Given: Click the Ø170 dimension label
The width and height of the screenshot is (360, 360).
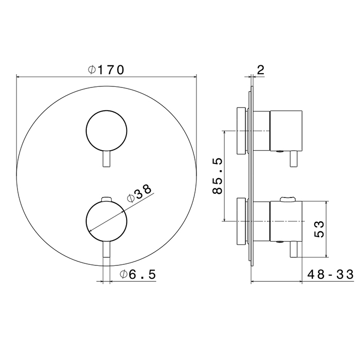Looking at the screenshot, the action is pos(106,70).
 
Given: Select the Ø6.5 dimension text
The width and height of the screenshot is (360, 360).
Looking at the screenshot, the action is pos(138,274).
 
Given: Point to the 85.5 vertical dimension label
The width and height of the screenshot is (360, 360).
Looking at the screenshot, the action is pos(218,176).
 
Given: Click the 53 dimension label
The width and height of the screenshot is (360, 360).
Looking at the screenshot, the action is pos(319,229).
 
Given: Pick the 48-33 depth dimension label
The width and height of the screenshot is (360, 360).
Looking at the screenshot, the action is pos(331,274).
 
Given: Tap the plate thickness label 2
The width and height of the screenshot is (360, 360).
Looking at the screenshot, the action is pos(261,70).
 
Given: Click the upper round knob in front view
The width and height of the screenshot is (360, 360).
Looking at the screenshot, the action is pos(106,131).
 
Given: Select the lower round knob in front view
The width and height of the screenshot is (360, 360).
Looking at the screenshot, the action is pos(106,221).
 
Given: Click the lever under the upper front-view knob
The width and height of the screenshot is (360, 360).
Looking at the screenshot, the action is pos(106,159).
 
